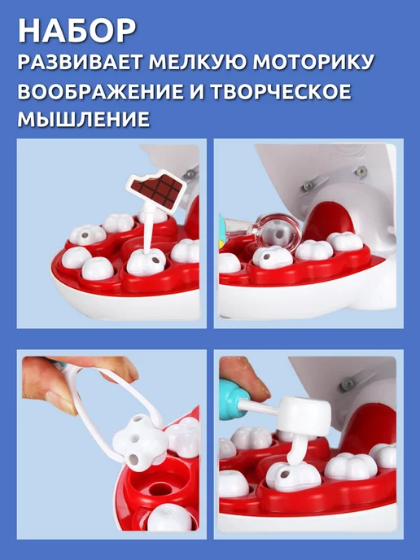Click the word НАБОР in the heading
[77, 31]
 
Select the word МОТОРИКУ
[313, 62]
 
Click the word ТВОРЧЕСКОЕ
[280, 91]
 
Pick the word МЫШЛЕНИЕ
[84, 119]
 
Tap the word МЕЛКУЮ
[198, 62]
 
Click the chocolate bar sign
[155, 189]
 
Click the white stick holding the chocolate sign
[148, 228]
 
